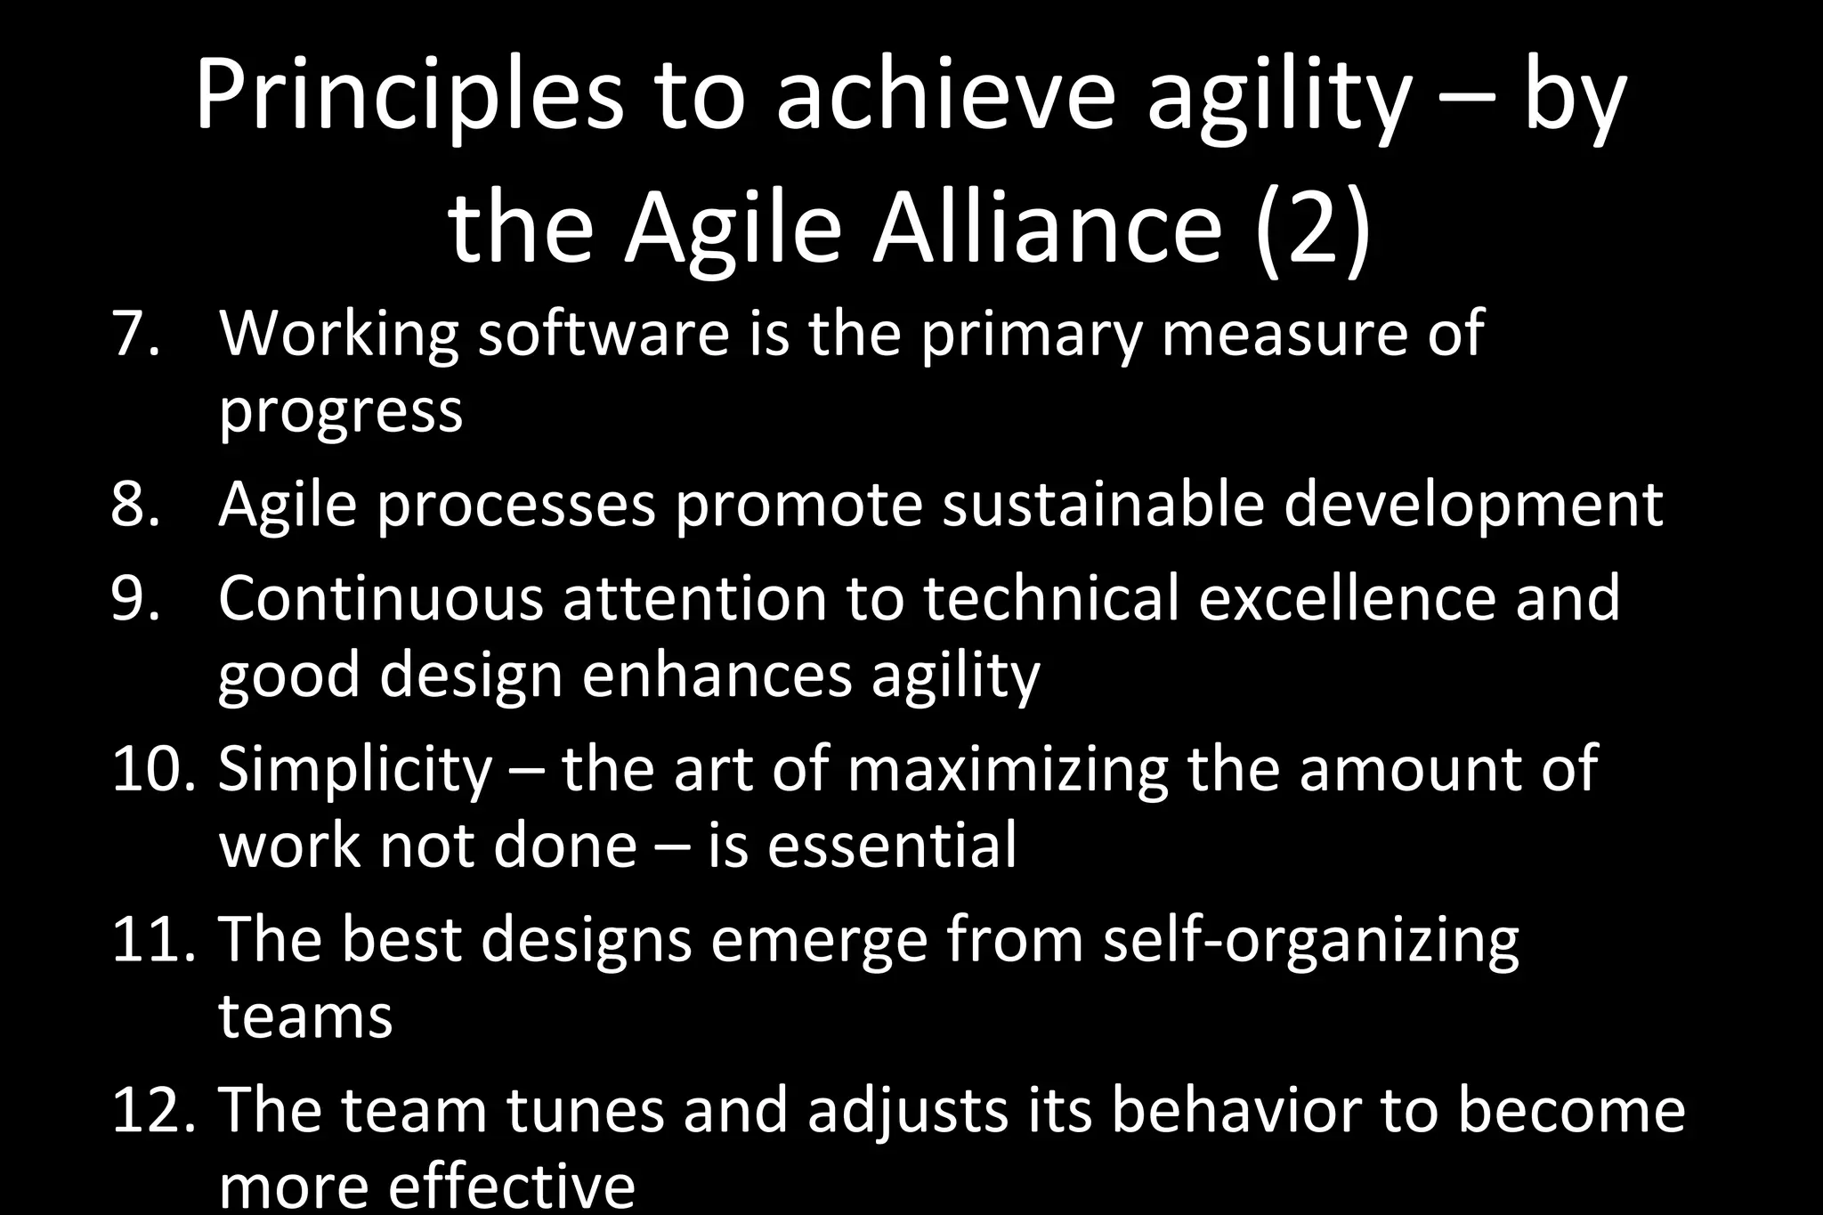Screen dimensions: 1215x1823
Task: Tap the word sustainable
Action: (x=1103, y=505)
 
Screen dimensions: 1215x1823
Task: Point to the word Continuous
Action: (x=380, y=598)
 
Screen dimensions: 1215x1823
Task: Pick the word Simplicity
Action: (x=354, y=771)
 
